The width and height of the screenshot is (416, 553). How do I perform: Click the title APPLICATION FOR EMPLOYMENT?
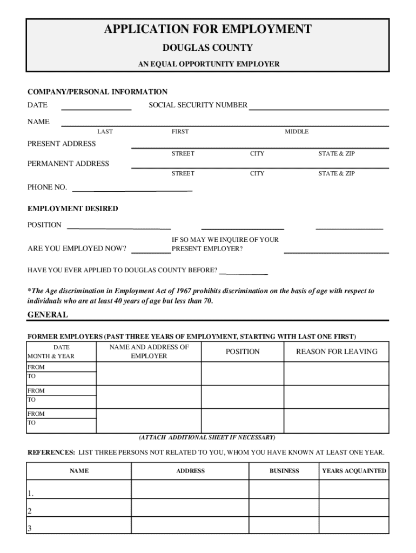(x=207, y=29)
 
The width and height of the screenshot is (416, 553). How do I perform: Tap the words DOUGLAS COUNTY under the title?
(x=208, y=48)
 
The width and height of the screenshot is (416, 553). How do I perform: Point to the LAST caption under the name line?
(x=105, y=132)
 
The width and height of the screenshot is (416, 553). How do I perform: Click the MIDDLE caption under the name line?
(x=297, y=132)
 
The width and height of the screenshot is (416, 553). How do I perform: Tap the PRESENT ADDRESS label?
(x=62, y=144)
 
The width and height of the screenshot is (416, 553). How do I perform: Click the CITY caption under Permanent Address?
(x=257, y=173)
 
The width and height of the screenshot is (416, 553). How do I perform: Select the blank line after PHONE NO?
(x=132, y=190)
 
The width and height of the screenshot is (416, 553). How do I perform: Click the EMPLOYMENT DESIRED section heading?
(x=72, y=208)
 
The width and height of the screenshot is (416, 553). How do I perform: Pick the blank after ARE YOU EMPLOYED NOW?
(x=151, y=251)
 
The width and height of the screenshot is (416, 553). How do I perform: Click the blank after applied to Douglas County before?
(x=243, y=272)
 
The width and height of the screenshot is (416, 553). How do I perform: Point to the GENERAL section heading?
(x=48, y=315)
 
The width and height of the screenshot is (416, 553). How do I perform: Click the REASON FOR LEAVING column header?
(x=336, y=352)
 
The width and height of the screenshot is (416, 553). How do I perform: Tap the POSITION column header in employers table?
(x=243, y=352)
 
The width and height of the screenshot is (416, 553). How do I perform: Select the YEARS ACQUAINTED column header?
(x=354, y=471)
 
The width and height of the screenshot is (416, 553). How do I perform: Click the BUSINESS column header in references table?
(x=284, y=471)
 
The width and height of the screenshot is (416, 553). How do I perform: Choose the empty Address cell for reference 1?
(x=190, y=490)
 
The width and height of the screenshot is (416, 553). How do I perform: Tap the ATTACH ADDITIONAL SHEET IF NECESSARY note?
(x=207, y=437)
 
